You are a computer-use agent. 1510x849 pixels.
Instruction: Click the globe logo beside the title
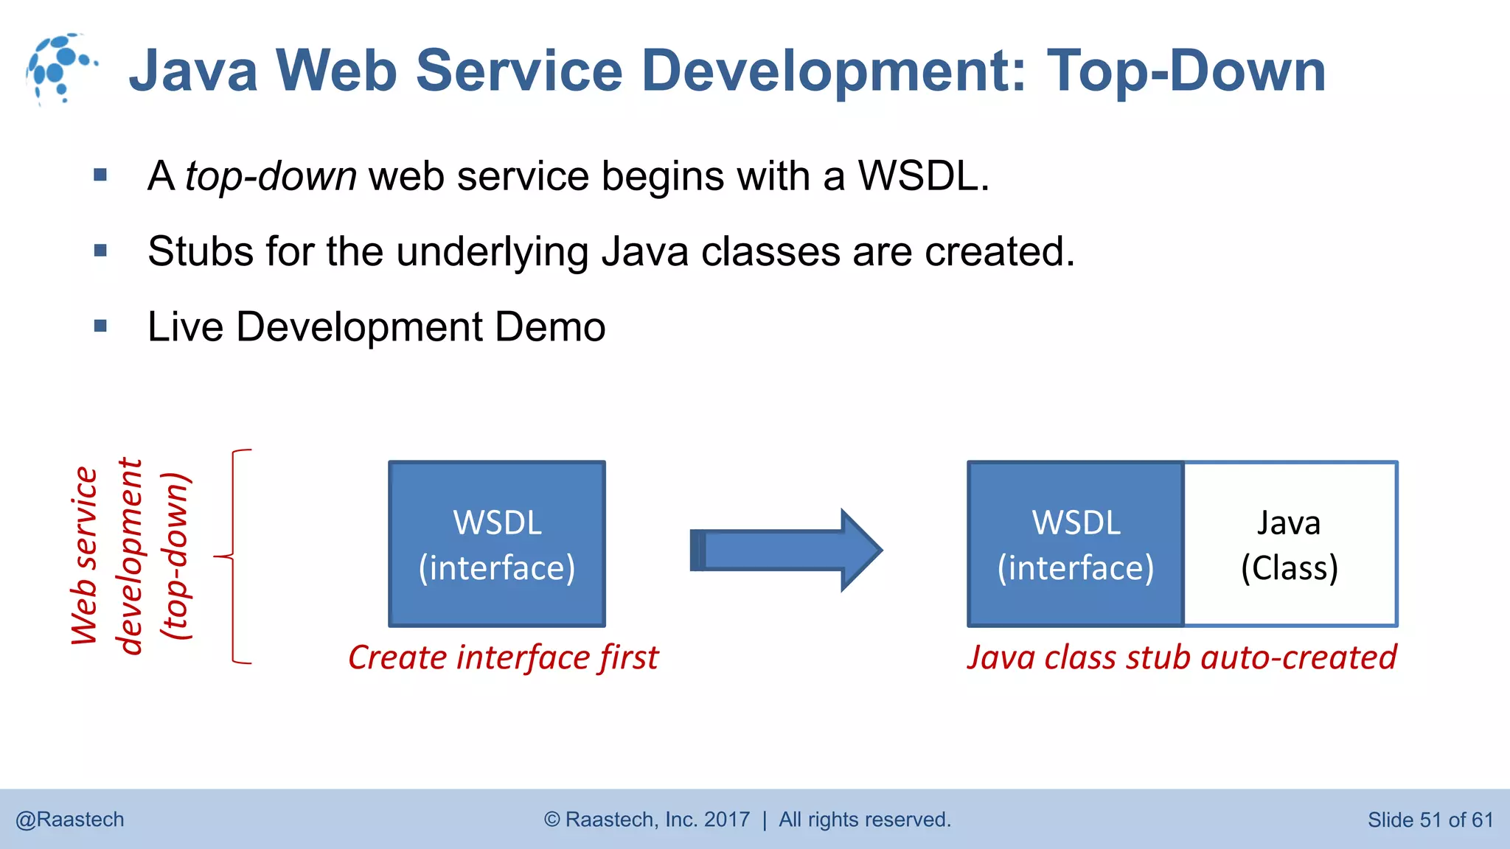tap(60, 68)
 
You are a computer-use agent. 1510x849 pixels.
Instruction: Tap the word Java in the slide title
tap(194, 71)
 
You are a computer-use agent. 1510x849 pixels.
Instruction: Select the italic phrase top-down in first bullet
tap(271, 177)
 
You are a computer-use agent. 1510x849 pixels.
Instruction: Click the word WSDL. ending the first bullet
tap(923, 177)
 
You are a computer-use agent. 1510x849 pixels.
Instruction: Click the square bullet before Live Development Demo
tap(101, 326)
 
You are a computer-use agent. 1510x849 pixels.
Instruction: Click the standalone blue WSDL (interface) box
tap(497, 545)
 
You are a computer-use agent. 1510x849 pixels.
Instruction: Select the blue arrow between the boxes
tap(787, 550)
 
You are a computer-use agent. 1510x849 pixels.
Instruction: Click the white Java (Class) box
tap(1290, 545)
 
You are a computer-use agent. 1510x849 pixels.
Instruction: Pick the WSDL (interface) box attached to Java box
tap(1076, 545)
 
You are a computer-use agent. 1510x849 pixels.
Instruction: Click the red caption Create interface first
tap(503, 657)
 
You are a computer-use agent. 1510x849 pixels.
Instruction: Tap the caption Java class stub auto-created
tap(1182, 657)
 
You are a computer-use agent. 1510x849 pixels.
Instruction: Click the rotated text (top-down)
tap(177, 556)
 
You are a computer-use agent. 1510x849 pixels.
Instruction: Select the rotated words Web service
tap(84, 556)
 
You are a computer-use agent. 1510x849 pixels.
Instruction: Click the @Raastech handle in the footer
tap(70, 820)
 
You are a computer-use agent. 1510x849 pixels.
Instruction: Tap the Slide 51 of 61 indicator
tap(1430, 820)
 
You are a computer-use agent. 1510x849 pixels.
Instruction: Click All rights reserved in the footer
tap(864, 820)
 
